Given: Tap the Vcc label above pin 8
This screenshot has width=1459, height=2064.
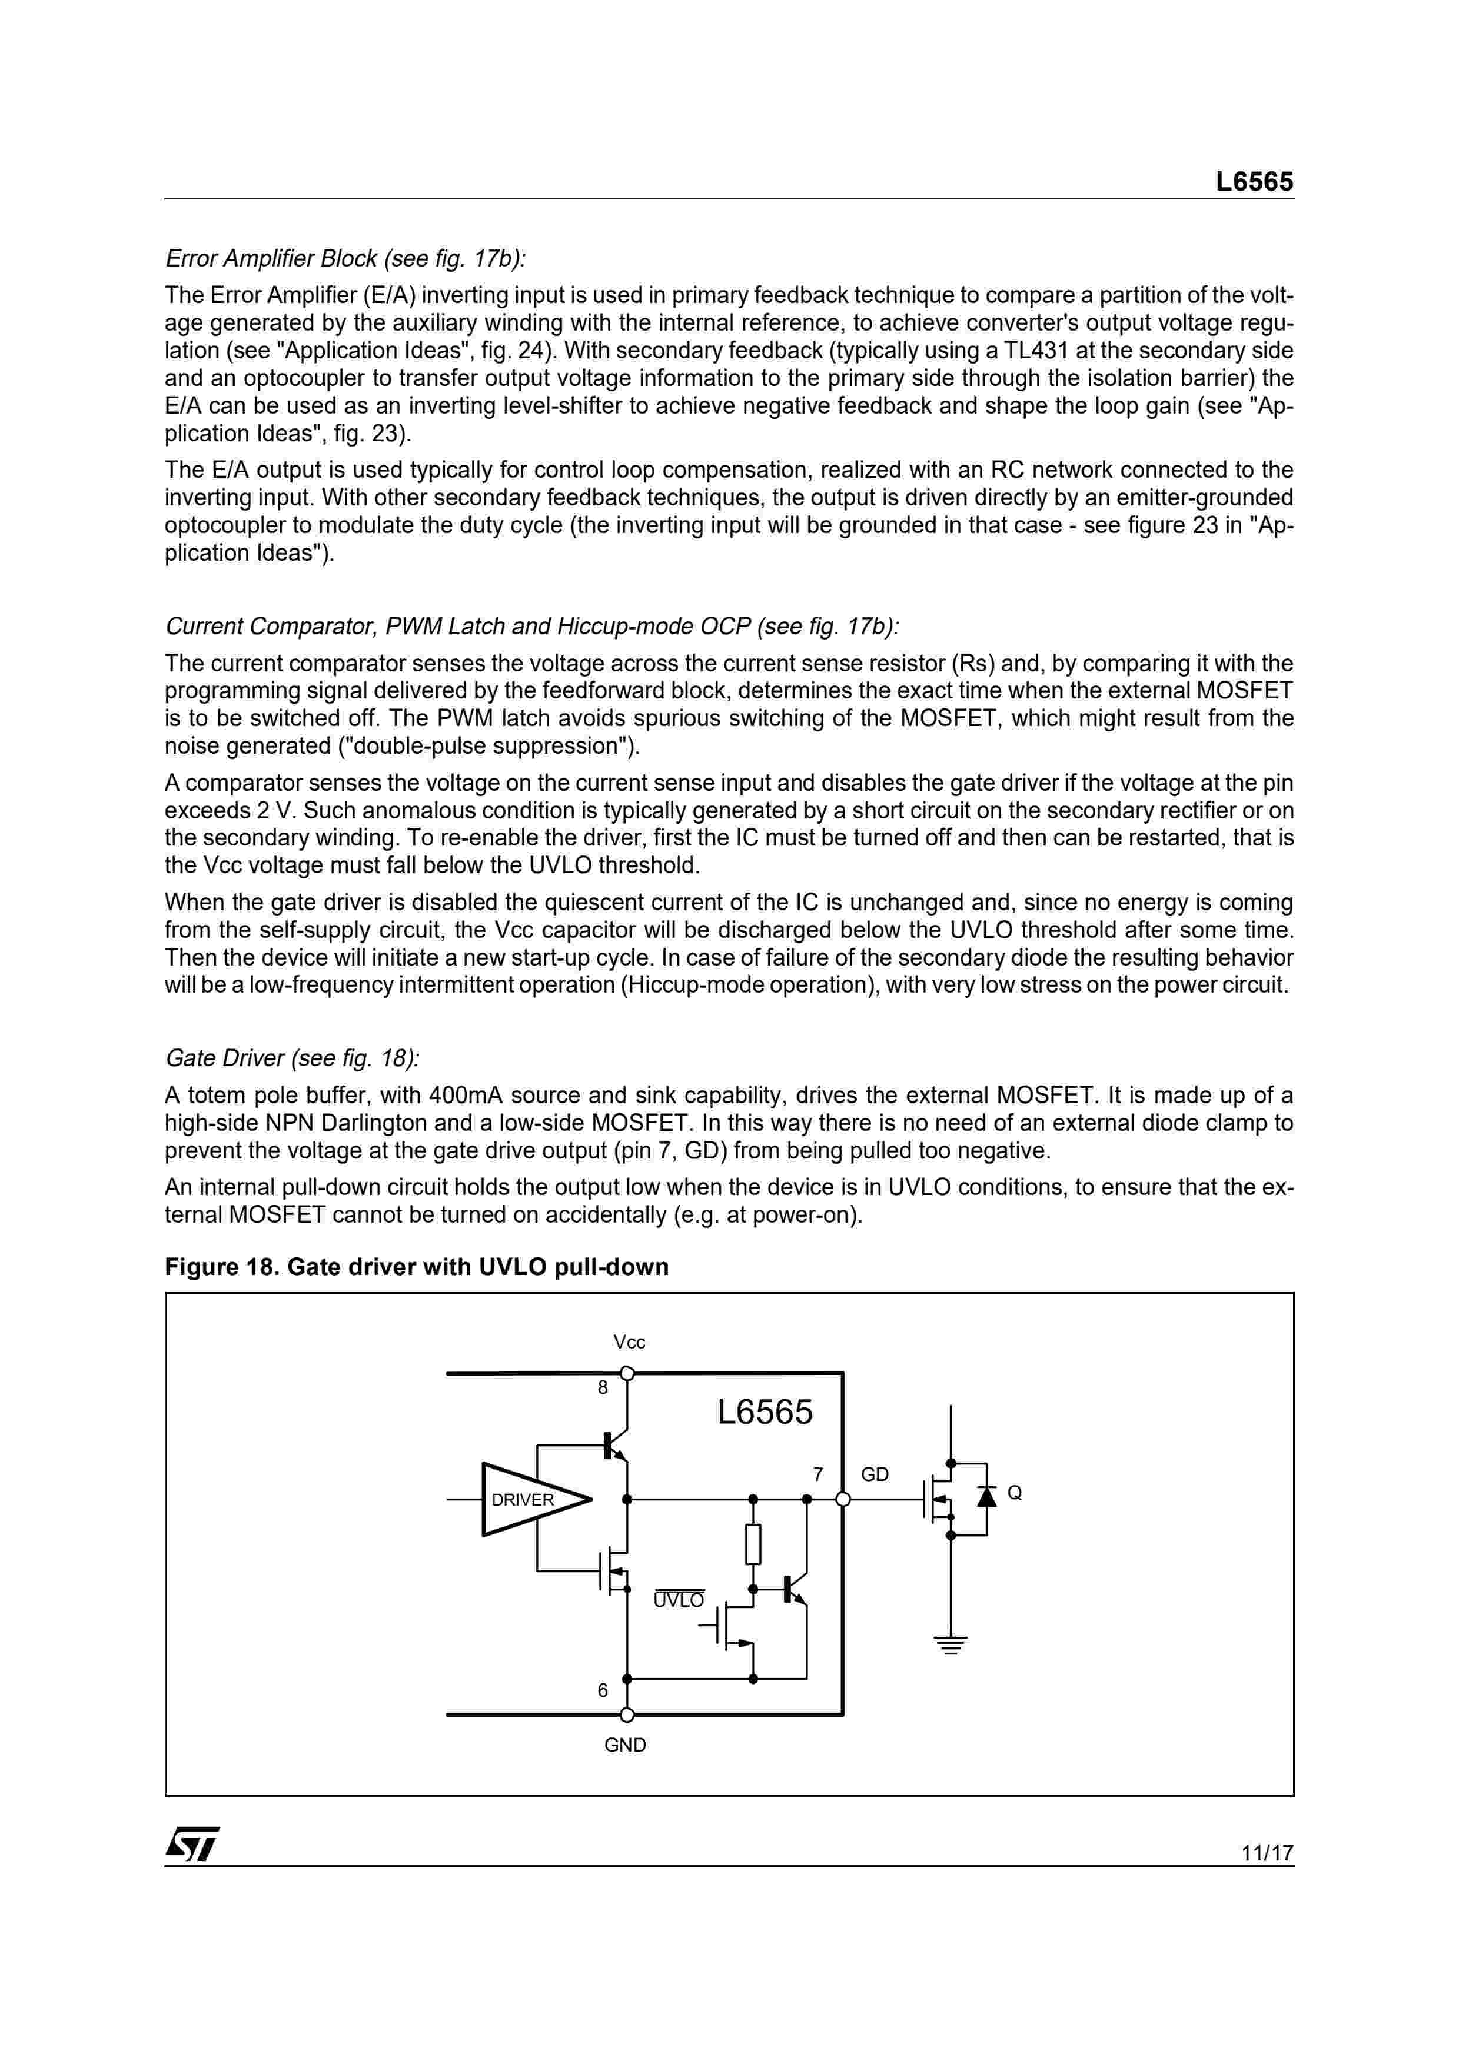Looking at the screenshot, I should click(x=629, y=1342).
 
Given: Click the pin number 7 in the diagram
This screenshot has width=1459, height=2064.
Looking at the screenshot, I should click(x=818, y=1474).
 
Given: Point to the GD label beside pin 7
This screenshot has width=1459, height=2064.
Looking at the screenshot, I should click(x=875, y=1474).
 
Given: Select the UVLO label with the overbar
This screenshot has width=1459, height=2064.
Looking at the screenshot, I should click(x=679, y=1601).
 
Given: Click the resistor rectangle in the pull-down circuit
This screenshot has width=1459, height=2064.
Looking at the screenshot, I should click(x=753, y=1544).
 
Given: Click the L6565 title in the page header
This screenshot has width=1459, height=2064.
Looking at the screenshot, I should click(x=1255, y=182).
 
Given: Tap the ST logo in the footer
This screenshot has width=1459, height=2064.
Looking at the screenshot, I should click(x=191, y=1845).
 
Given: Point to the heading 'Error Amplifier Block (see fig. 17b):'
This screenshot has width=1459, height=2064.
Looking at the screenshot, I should click(x=345, y=259).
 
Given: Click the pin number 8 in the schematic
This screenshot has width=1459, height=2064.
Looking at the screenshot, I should click(x=603, y=1388).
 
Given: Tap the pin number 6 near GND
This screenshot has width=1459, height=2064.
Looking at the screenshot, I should click(x=603, y=1690).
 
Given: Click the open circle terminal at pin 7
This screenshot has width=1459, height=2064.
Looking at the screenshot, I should click(x=843, y=1499).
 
